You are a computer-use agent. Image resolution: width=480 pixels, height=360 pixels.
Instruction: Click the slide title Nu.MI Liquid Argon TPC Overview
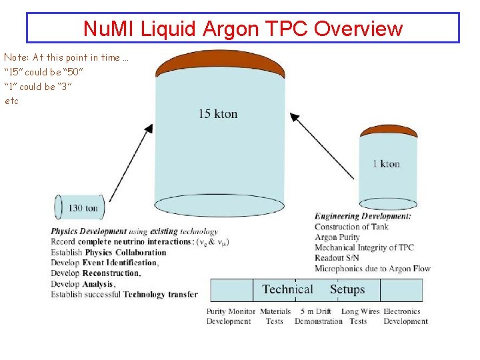click(x=243, y=29)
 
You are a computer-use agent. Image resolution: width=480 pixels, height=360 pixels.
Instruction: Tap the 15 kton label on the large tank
click(x=217, y=114)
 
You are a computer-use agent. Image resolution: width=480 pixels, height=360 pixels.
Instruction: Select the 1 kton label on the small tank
click(x=386, y=163)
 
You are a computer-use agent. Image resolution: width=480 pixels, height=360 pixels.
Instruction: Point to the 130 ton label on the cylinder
click(x=83, y=209)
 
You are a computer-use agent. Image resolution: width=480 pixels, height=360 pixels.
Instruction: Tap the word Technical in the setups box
click(x=287, y=289)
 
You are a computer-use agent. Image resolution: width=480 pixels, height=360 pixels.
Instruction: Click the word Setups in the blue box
click(x=347, y=289)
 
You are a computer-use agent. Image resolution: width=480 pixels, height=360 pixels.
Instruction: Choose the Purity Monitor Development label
click(x=231, y=316)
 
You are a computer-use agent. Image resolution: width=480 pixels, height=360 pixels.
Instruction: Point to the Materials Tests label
click(x=275, y=316)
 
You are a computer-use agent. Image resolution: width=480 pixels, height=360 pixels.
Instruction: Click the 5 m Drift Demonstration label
click(x=318, y=316)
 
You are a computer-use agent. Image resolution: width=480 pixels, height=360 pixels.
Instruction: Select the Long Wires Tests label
click(x=360, y=316)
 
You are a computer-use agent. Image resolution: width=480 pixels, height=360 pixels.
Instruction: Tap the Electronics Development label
click(x=405, y=316)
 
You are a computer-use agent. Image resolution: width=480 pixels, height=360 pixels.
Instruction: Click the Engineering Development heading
click(x=363, y=216)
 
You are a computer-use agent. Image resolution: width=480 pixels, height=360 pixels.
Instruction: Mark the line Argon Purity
click(x=337, y=237)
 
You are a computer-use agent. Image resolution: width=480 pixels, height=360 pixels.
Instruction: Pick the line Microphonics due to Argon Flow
click(x=372, y=269)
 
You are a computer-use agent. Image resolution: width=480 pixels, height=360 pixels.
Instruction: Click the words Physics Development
click(x=89, y=232)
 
